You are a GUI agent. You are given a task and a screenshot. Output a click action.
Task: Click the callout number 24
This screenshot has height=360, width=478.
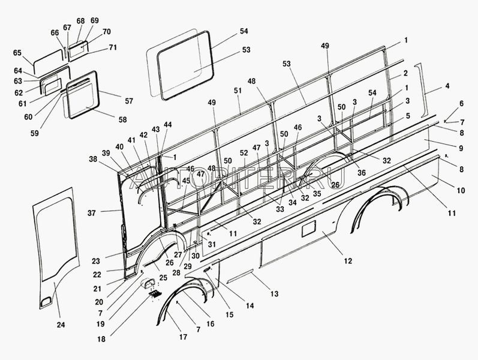60,325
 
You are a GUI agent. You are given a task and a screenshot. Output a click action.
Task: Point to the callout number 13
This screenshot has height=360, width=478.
275,293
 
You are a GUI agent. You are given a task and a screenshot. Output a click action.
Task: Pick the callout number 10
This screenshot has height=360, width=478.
461,190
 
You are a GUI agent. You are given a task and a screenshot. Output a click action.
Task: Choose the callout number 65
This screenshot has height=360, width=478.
17,53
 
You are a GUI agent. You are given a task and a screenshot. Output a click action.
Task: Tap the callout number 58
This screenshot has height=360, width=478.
123,119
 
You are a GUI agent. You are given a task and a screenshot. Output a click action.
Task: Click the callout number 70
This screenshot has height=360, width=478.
107,32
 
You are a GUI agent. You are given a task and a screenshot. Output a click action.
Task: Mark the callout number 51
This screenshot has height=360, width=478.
238,91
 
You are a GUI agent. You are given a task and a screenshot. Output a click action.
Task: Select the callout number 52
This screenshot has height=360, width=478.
243,154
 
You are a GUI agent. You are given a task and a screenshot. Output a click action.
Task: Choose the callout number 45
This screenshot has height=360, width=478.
186,181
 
